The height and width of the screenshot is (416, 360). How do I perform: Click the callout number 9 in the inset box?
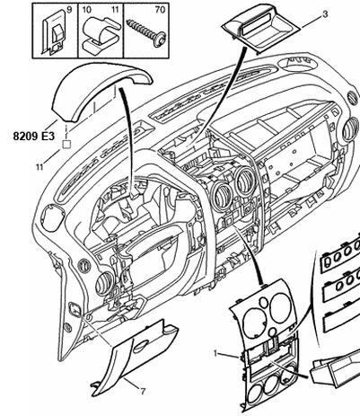pos(69,9)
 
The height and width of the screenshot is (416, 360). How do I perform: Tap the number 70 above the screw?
pos(160,9)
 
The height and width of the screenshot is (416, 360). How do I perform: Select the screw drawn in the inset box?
pos(146,32)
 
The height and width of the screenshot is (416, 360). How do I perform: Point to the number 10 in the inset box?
pos(86,9)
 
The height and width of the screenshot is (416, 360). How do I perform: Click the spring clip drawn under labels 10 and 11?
pos(101,33)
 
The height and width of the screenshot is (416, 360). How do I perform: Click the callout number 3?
pos(325,14)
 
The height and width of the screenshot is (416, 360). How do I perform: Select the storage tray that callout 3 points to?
pos(261,29)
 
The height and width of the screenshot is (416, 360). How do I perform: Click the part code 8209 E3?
pos(34,137)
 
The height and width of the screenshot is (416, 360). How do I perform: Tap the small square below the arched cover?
pos(66,145)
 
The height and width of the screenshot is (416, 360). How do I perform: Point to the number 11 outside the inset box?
pos(40,167)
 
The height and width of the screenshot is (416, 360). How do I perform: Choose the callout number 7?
pos(143,391)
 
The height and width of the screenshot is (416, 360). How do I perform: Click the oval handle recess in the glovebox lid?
pos(143,346)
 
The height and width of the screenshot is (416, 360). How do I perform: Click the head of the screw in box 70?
pos(160,39)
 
